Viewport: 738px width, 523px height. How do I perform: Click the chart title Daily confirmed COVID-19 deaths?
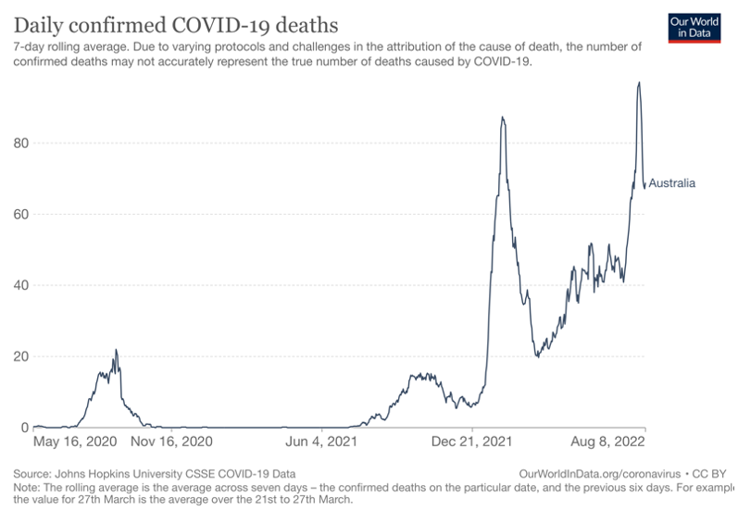click(x=175, y=23)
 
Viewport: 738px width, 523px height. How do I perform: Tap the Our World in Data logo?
click(x=694, y=28)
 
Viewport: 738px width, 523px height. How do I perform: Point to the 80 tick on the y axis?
click(x=19, y=143)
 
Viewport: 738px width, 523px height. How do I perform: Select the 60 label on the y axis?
click(x=19, y=214)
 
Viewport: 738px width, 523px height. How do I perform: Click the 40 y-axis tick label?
click(x=19, y=285)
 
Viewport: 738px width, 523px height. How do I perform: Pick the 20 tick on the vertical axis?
click(x=19, y=356)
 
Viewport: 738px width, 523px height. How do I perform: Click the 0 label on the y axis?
click(x=24, y=428)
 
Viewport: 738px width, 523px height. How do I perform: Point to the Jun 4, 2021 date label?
click(x=320, y=443)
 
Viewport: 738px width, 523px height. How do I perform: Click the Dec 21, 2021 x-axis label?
click(x=472, y=443)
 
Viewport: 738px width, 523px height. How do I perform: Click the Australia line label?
click(x=671, y=183)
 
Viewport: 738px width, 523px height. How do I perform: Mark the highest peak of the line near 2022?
click(x=639, y=82)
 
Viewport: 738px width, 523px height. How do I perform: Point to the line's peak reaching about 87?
click(x=502, y=118)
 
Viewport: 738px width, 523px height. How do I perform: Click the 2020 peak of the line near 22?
click(x=116, y=350)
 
